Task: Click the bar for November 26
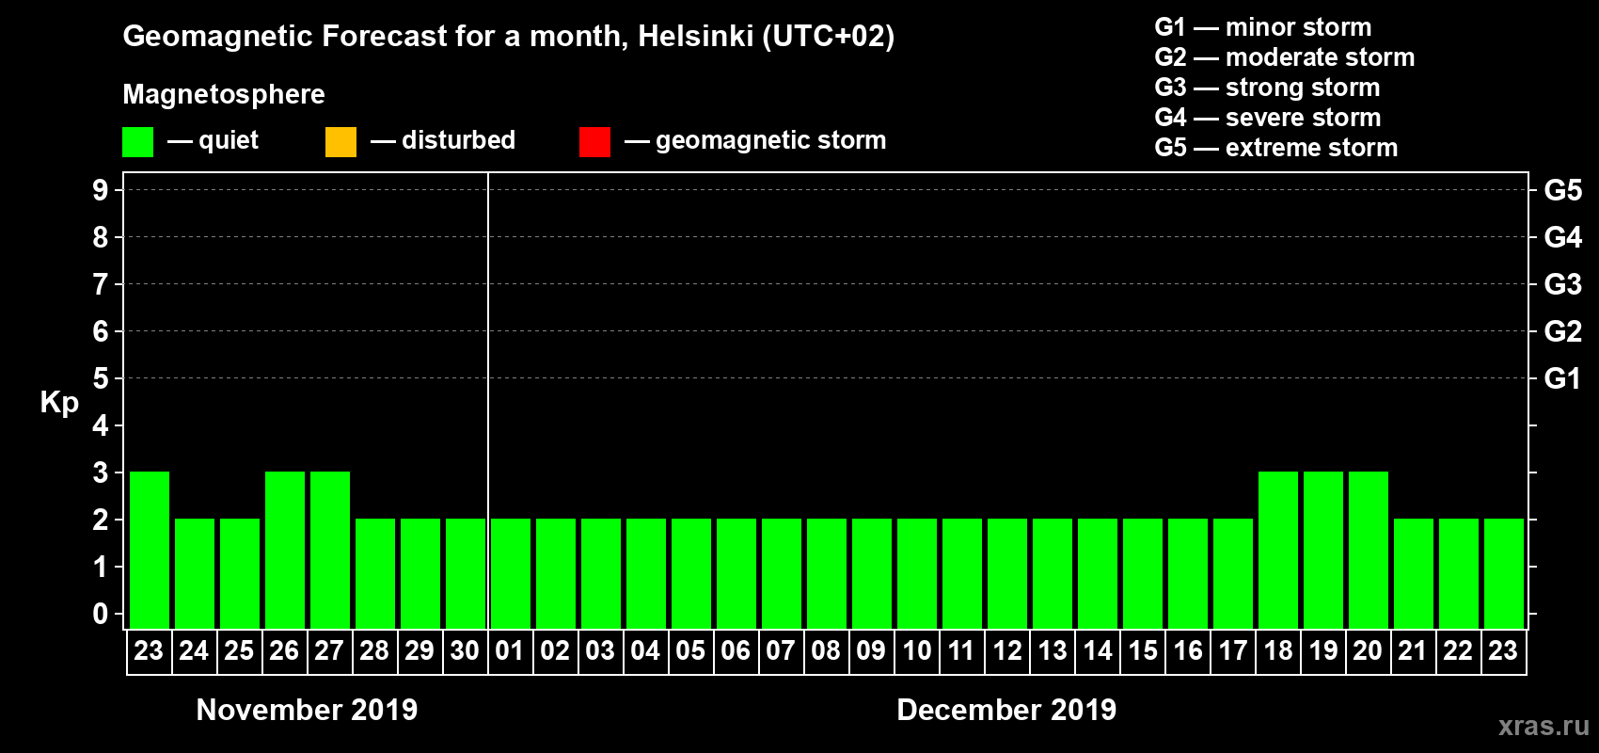coord(285,550)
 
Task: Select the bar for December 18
coord(1278,550)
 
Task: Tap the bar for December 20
coord(1369,550)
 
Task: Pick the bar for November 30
coord(466,573)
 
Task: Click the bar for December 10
coord(917,573)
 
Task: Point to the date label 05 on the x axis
coord(690,650)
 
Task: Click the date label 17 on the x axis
coord(1232,650)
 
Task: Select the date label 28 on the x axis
coord(374,650)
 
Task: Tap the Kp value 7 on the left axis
coord(101,284)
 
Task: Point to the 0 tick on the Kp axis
coord(101,615)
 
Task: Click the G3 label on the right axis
coord(1562,284)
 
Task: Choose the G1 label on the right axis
coord(1562,378)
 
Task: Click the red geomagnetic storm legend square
coord(594,142)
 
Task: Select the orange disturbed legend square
coord(340,142)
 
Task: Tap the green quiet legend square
coord(137,142)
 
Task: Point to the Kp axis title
coord(59,402)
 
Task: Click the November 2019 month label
coord(307,710)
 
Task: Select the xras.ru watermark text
coord(1544,726)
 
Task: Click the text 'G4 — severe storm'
coord(1268,118)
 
